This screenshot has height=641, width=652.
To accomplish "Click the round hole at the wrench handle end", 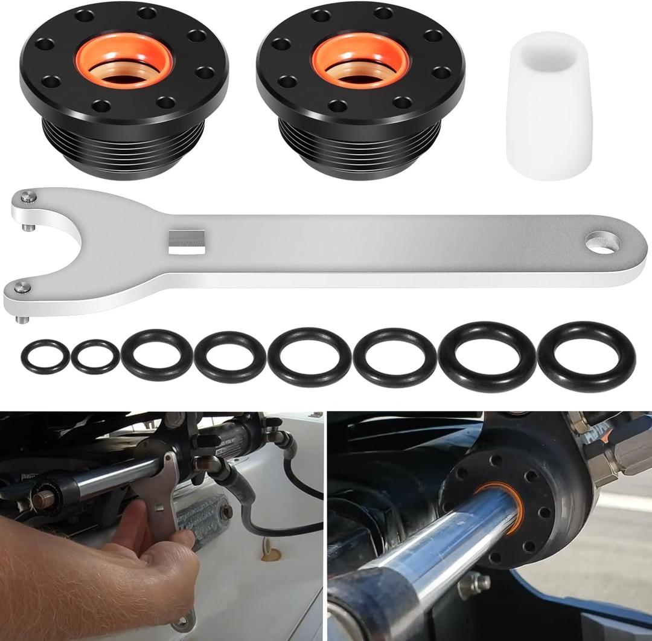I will tap(602, 242).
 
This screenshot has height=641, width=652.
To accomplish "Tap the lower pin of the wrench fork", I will tap(22, 289).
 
